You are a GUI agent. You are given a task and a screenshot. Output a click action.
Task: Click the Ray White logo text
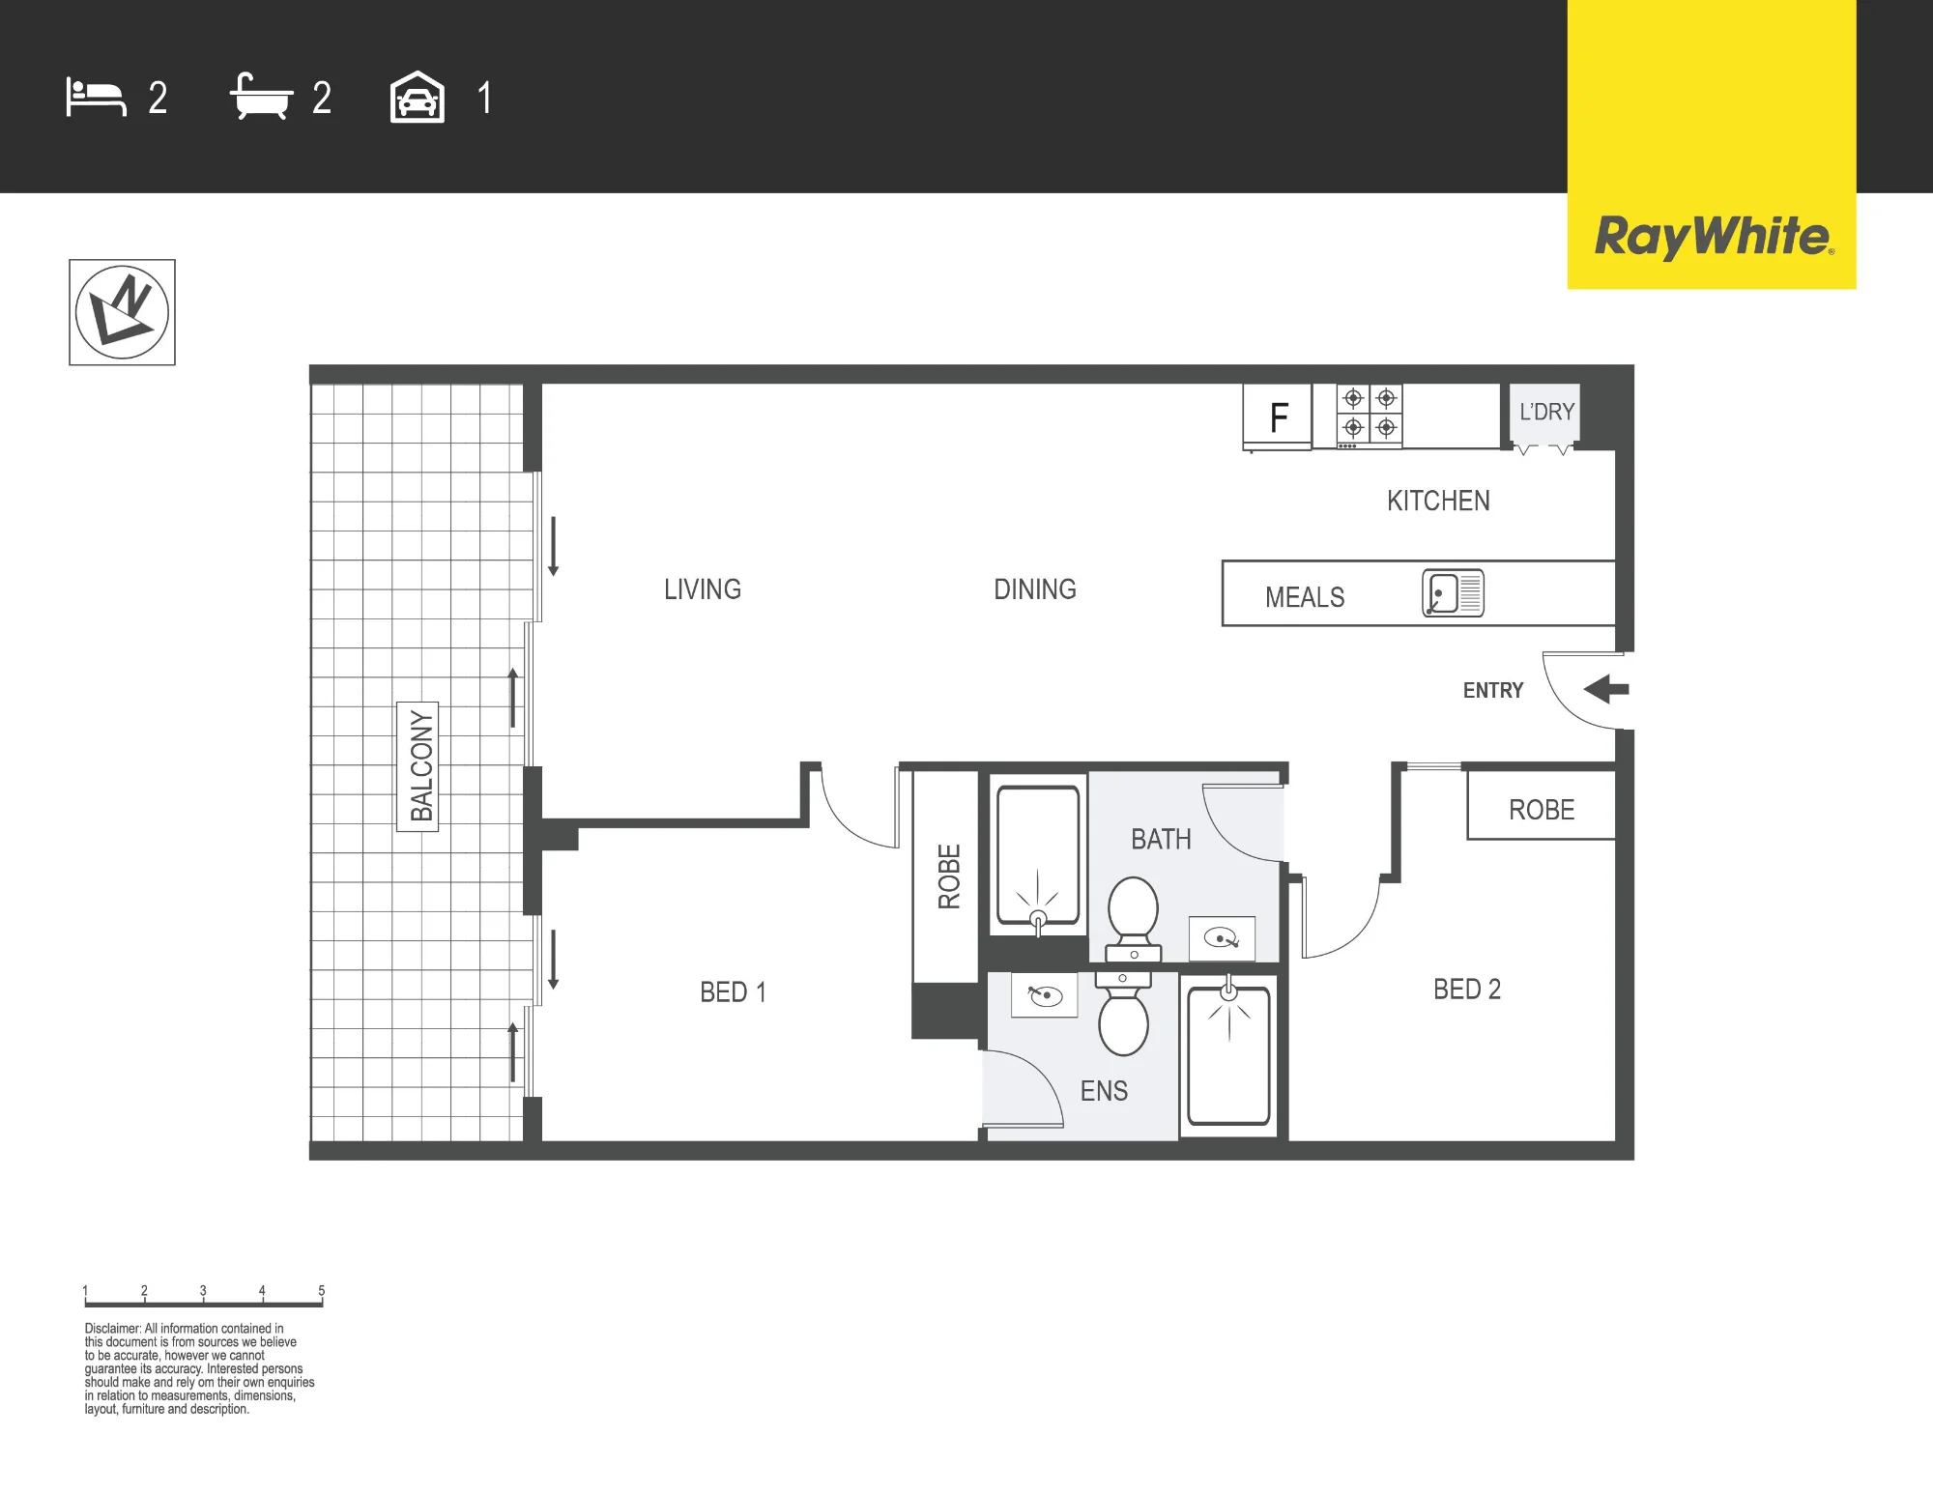pyautogui.click(x=1713, y=237)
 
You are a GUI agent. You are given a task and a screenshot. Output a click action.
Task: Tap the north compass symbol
pyautogui.click(x=122, y=312)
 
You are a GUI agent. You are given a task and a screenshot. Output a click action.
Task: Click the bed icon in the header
pyautogui.click(x=96, y=98)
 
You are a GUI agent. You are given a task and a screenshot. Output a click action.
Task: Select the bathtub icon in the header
pyautogui.click(x=261, y=97)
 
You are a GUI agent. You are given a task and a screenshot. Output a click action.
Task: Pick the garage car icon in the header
pyautogui.click(x=418, y=98)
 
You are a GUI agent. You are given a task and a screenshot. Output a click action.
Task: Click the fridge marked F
pyautogui.click(x=1278, y=417)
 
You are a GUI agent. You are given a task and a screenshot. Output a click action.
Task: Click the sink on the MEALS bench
pyautogui.click(x=1453, y=593)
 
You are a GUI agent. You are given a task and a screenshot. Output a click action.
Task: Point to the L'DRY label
pyautogui.click(x=1546, y=412)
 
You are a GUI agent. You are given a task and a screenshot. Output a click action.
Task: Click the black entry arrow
pyautogui.click(x=1606, y=689)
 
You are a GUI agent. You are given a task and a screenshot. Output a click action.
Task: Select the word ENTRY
pyautogui.click(x=1493, y=690)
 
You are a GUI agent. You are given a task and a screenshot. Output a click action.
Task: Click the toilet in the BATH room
pyautogui.click(x=1133, y=919)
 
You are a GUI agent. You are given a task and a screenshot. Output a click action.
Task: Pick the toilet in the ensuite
pyautogui.click(x=1123, y=1014)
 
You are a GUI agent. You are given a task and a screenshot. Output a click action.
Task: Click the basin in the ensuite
pyautogui.click(x=1045, y=995)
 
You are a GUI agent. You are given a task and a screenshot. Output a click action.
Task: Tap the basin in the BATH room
pyautogui.click(x=1222, y=938)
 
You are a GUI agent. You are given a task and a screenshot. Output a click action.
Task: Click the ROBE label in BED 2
pyautogui.click(x=1542, y=810)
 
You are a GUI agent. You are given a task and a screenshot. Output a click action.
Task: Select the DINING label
pyautogui.click(x=1035, y=589)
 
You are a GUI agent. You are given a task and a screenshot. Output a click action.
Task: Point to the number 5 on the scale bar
pyautogui.click(x=322, y=1290)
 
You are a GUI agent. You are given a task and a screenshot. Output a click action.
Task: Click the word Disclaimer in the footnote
pyautogui.click(x=113, y=1329)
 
